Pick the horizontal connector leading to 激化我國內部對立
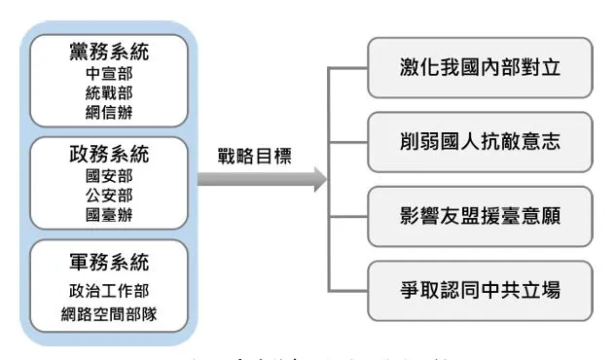point(348,68)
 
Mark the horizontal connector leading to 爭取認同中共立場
point(348,290)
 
